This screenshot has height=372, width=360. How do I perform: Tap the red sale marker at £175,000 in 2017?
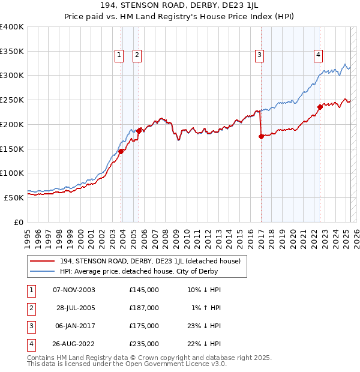pyautogui.click(x=261, y=137)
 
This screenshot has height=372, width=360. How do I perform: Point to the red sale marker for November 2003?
pyautogui.click(x=121, y=151)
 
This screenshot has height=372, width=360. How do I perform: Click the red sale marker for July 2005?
pyautogui.click(x=139, y=130)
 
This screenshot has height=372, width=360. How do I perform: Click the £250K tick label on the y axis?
pyautogui.click(x=12, y=100)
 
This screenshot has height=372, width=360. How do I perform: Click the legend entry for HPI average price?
pyautogui.click(x=138, y=272)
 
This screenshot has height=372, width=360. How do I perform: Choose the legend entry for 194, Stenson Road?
pyautogui.click(x=150, y=261)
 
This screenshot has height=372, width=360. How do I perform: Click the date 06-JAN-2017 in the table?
pyautogui.click(x=74, y=326)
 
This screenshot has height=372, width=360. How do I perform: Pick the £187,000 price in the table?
pyautogui.click(x=144, y=308)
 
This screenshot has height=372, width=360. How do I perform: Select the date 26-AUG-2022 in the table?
pyautogui.click(x=74, y=344)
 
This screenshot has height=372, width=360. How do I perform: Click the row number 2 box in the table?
pyautogui.click(x=31, y=308)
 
